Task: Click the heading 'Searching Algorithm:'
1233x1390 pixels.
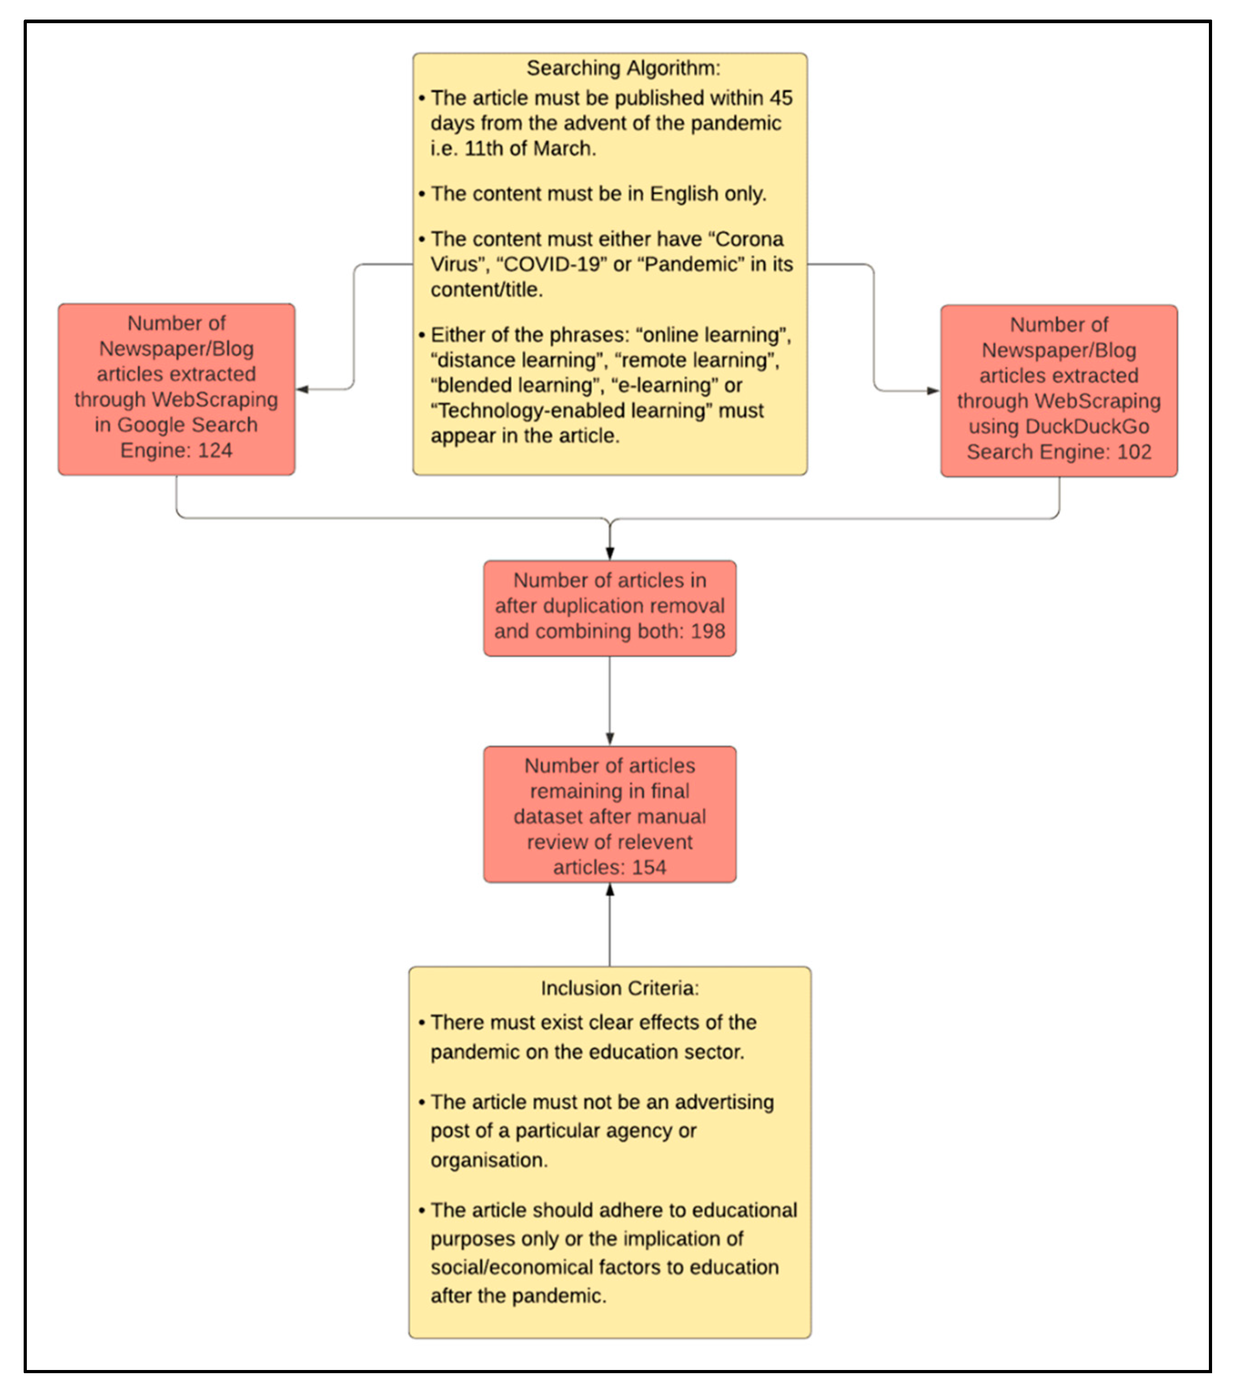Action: (623, 68)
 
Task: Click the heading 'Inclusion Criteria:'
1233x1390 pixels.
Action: (619, 988)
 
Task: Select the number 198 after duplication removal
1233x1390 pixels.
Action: (708, 631)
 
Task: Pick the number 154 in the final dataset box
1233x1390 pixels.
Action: (648, 867)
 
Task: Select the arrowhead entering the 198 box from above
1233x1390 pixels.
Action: (610, 553)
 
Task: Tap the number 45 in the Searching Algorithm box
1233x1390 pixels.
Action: (781, 98)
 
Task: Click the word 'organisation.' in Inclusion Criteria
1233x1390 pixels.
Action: (489, 1159)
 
